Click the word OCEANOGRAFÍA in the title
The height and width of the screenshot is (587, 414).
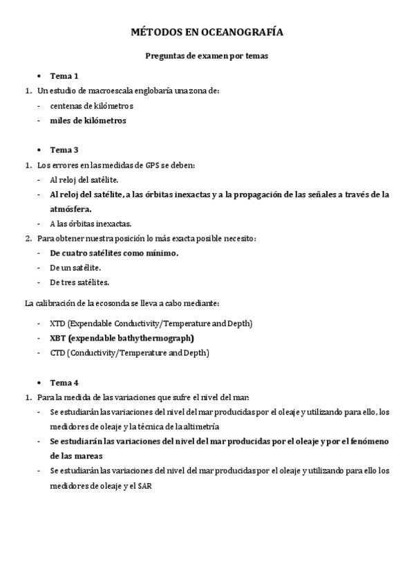pyautogui.click(x=245, y=33)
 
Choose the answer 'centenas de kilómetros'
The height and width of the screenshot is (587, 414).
pyautogui.click(x=91, y=106)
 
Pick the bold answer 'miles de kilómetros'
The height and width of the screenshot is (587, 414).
pyautogui.click(x=88, y=120)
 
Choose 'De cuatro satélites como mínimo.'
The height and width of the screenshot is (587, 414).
pyautogui.click(x=114, y=253)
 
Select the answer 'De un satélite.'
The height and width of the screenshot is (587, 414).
pyautogui.click(x=75, y=267)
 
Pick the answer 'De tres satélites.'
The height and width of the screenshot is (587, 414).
pyautogui.click(x=79, y=282)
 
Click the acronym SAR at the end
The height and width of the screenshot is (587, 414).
pyautogui.click(x=144, y=486)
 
